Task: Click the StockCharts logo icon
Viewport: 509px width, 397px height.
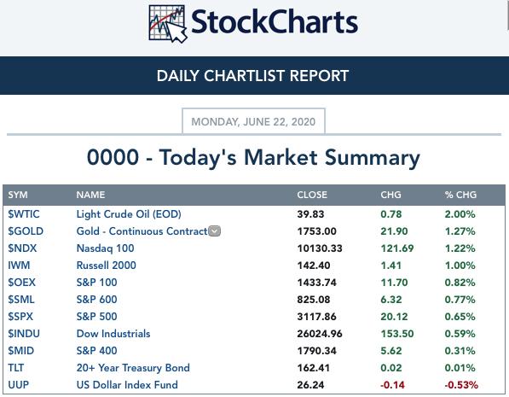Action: [x=167, y=24]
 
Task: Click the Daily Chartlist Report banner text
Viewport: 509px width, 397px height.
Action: [x=252, y=76]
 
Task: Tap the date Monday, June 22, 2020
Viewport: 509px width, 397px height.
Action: [x=253, y=121]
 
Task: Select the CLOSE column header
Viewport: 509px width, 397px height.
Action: [x=312, y=195]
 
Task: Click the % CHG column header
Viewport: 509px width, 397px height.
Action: [x=460, y=195]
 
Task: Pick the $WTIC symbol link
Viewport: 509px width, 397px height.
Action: [x=24, y=214]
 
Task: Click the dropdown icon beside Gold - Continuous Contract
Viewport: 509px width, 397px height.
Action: [x=214, y=231]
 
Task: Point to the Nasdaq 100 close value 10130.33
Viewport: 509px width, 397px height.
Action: [x=320, y=248]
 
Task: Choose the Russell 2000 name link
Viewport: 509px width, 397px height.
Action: [x=107, y=266]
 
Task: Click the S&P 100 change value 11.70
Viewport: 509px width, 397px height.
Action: [x=394, y=283]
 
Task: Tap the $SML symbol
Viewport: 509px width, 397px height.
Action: [x=21, y=300]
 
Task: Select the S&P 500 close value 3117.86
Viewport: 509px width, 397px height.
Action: [x=316, y=317]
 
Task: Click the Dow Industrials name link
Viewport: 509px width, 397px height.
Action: [x=113, y=334]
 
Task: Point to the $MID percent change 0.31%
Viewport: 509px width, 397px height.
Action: [x=460, y=351]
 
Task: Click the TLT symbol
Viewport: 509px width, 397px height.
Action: [x=16, y=368]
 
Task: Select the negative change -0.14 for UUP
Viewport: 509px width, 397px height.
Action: [x=392, y=385]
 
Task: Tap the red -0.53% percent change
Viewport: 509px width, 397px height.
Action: [x=461, y=385]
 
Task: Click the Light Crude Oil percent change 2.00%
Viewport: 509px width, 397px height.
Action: [x=460, y=214]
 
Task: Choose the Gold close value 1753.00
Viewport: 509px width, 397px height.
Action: [x=316, y=231]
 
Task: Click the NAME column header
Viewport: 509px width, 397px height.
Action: [x=90, y=195]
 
